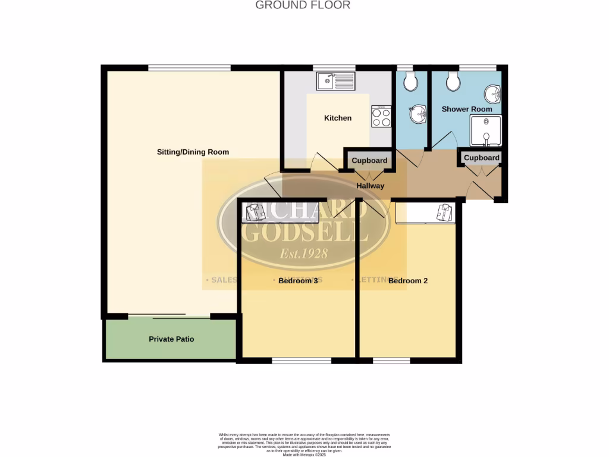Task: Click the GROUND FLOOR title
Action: coord(303,5)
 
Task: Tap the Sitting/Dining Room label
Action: coord(193,152)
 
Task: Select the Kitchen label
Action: coord(338,118)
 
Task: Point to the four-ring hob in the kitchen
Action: coord(381,117)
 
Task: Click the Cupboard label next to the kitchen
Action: coord(369,161)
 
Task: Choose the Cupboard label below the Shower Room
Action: coord(481,158)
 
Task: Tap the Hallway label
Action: coord(371,186)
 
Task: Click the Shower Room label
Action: coord(467,109)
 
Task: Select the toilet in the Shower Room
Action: coord(453,82)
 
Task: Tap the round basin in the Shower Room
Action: coord(493,94)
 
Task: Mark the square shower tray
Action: coord(486,131)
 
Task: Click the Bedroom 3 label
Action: coord(298,281)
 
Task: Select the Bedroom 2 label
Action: coord(408,281)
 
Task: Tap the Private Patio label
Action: coord(171,339)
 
